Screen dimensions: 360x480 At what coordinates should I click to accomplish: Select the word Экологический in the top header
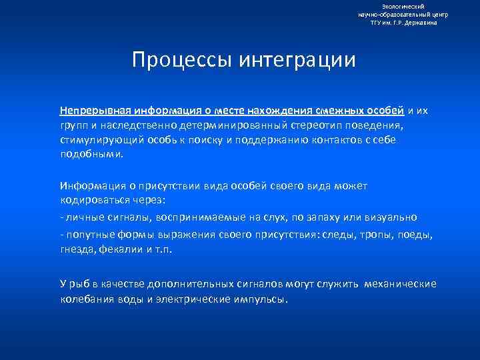(403, 6)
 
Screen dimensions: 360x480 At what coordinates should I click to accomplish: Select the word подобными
(91, 153)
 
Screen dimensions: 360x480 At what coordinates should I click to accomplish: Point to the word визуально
(393, 217)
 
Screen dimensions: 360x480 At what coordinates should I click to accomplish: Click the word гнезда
(77, 249)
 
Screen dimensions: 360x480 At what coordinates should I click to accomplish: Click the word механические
(400, 284)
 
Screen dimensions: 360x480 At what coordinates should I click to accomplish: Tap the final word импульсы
(263, 299)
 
